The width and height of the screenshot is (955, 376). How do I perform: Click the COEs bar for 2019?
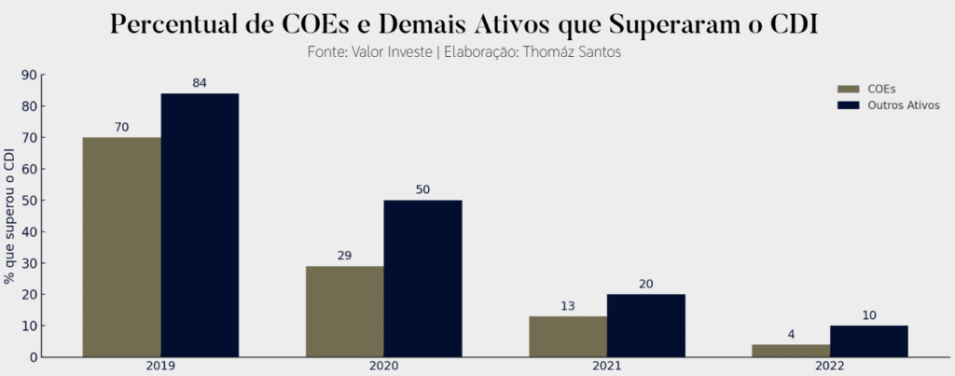pyautogui.click(x=121, y=247)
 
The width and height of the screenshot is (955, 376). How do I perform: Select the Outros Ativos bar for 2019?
pyautogui.click(x=200, y=225)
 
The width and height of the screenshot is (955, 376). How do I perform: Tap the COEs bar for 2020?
pyautogui.click(x=344, y=312)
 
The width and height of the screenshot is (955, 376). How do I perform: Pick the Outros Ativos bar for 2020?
pyautogui.click(x=422, y=278)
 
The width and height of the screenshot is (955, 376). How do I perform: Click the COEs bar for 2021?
pyautogui.click(x=567, y=337)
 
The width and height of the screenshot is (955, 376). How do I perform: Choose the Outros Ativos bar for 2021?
pyautogui.click(x=645, y=326)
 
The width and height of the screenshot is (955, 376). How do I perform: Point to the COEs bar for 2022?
pyautogui.click(x=790, y=351)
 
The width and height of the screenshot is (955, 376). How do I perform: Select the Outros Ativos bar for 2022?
pyautogui.click(x=868, y=341)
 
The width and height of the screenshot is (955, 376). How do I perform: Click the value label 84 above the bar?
pyautogui.click(x=200, y=83)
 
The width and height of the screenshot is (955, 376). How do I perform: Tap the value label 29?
pyautogui.click(x=344, y=255)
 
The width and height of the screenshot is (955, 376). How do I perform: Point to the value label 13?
pyautogui.click(x=567, y=305)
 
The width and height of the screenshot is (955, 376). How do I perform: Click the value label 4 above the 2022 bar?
pyautogui.click(x=790, y=333)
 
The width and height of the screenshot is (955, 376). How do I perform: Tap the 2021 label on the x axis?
pyautogui.click(x=606, y=367)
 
